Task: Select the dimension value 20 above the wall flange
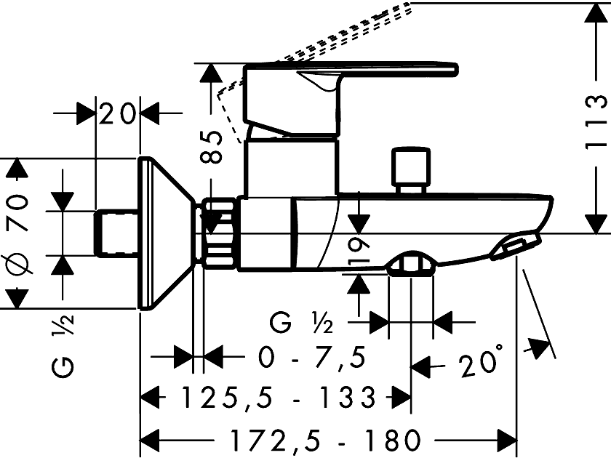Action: [119, 114]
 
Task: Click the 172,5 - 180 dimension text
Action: [325, 439]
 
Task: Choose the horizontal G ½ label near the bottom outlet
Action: [298, 321]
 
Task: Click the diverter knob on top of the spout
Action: [409, 169]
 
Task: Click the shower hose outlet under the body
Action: [410, 265]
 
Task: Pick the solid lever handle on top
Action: [349, 73]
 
